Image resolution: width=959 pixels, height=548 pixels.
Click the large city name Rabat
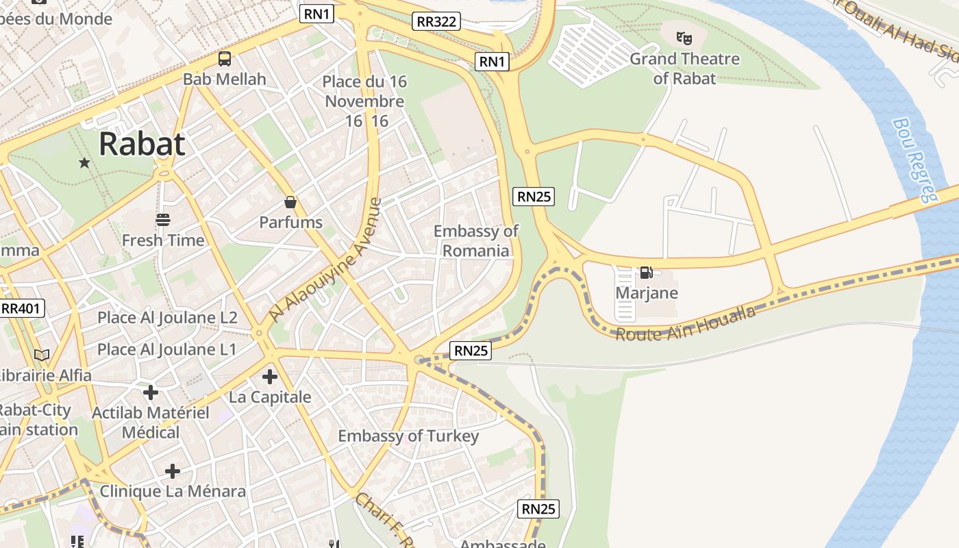[x=142, y=144]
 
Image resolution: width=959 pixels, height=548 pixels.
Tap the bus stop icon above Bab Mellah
[x=225, y=59]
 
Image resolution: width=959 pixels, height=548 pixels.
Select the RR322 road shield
[x=436, y=21]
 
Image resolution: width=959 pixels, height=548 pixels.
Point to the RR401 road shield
[x=21, y=308]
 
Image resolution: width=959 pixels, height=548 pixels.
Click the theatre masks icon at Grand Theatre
[x=684, y=38]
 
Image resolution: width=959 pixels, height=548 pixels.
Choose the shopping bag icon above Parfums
[x=290, y=202]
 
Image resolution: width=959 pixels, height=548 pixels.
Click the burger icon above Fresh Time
[x=163, y=220]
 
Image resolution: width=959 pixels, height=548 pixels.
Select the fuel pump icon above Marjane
[x=646, y=273]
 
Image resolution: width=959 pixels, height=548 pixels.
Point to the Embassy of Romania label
[x=476, y=240]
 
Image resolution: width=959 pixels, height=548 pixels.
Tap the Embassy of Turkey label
[x=408, y=436]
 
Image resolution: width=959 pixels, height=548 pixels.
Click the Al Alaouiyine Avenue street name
[x=326, y=260]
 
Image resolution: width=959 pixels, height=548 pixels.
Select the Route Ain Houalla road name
[x=685, y=324]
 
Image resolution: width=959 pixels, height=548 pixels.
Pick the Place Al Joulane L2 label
[x=167, y=317]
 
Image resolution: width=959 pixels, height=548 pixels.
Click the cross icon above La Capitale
[x=270, y=376]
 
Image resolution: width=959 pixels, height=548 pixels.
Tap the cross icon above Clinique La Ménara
[x=173, y=471]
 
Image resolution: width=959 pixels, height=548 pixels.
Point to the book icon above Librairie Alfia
[x=42, y=355]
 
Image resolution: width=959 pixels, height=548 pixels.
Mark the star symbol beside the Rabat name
[x=84, y=162]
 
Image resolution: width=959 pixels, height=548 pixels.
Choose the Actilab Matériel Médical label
[x=151, y=422]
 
